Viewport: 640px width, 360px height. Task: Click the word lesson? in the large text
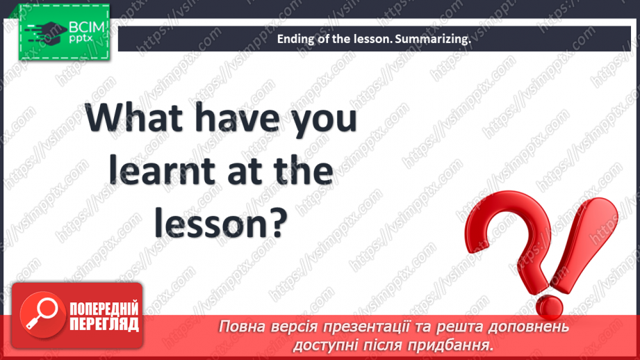[220, 224]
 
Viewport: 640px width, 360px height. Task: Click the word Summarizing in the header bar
[432, 40]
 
